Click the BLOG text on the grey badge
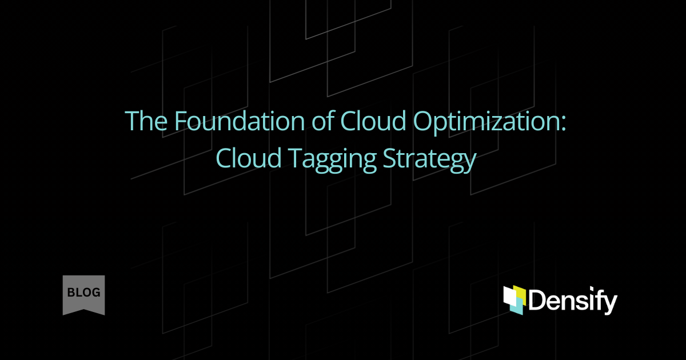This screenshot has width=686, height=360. pos(83,293)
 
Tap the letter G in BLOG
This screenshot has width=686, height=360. pos(95,293)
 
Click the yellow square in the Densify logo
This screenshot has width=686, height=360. pos(518,293)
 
